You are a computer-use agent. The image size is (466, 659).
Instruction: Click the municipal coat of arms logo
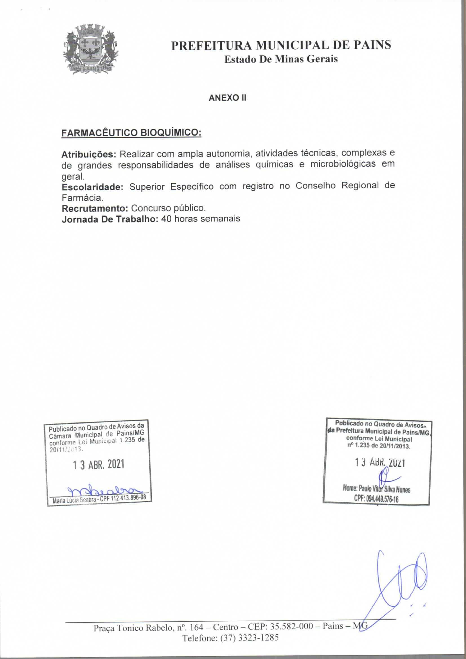pyautogui.click(x=90, y=50)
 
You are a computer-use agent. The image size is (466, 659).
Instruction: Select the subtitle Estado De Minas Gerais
pyautogui.click(x=281, y=59)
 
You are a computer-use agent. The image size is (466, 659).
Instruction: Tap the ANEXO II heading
pyautogui.click(x=227, y=98)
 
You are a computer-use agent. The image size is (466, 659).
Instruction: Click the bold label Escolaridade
pyautogui.click(x=92, y=187)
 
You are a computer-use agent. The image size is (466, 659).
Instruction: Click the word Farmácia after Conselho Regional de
pyautogui.click(x=81, y=198)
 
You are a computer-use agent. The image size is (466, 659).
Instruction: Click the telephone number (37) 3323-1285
pyautogui.click(x=249, y=638)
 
